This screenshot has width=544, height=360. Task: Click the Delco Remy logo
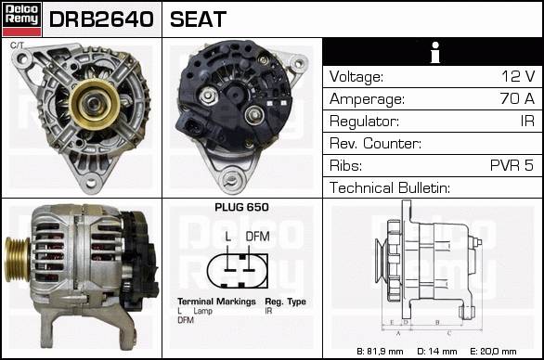point(22,19)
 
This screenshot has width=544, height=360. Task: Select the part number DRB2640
point(101,19)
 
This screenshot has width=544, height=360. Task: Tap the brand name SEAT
point(198,19)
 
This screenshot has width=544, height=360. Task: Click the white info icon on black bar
point(435,52)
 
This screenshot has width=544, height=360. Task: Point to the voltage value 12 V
point(518,76)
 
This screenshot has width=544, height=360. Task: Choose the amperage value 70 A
point(517,98)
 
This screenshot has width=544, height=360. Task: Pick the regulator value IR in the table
point(527,121)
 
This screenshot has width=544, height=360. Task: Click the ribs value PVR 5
point(512,165)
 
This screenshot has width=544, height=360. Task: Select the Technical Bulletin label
point(390,187)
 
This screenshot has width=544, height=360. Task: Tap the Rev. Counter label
point(375,143)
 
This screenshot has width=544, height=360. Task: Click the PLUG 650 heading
point(241,208)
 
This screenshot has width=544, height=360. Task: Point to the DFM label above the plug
point(257,237)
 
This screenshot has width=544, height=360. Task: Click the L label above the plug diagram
point(228,237)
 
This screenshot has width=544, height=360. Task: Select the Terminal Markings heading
point(216,302)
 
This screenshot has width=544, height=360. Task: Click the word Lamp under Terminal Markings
point(203,311)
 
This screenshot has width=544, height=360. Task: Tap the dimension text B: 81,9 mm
point(381,352)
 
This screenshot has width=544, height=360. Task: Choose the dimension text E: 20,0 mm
point(493,352)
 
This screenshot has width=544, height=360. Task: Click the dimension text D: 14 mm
point(437,352)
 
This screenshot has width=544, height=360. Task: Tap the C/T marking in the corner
point(17,45)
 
